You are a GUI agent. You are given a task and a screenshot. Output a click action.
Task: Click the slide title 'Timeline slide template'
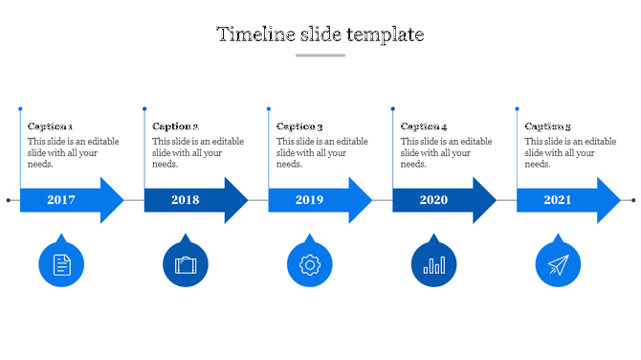[x=320, y=34]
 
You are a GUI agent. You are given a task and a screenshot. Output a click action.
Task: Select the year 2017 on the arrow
[x=61, y=200]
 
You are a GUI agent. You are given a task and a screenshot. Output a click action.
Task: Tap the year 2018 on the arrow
[x=186, y=200]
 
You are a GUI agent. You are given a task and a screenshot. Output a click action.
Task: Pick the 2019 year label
[x=310, y=200]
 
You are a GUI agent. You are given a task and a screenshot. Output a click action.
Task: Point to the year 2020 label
[x=433, y=200]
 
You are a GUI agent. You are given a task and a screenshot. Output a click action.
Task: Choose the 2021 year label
[x=558, y=200]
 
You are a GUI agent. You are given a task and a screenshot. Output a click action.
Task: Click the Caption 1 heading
[x=51, y=126]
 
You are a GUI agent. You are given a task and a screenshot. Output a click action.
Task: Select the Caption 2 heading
[x=175, y=126]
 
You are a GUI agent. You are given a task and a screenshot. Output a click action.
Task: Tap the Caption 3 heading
[x=299, y=126]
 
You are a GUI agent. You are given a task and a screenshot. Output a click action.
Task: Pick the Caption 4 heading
[x=424, y=126]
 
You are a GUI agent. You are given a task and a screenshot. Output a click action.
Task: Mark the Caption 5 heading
[x=548, y=126]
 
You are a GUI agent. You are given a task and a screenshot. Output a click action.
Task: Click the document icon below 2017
[x=61, y=264]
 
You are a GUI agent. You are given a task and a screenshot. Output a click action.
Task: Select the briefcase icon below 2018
[x=186, y=264]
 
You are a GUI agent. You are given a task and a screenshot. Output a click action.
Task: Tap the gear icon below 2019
[x=310, y=264]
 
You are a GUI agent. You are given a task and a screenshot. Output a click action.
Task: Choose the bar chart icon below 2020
[x=434, y=264]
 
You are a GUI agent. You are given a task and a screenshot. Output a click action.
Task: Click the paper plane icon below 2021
[x=558, y=264]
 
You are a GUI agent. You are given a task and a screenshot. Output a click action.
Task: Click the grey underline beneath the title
[x=320, y=56]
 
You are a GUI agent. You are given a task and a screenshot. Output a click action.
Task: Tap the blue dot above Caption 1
[x=20, y=109]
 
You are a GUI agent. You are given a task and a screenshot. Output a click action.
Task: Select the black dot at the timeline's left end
[x=9, y=200]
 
